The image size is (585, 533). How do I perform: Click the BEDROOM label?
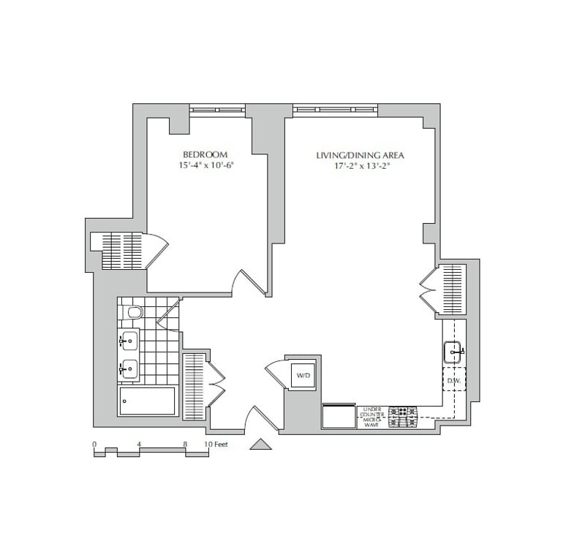tap(205, 154)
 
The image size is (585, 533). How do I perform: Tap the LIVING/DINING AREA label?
tap(360, 155)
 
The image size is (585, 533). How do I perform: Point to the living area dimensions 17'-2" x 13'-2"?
tap(360, 166)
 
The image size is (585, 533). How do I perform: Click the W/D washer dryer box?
tap(301, 376)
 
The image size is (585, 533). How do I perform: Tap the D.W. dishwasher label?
tap(453, 381)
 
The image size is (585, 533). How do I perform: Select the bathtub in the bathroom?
tap(147, 401)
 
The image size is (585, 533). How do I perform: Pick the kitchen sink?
tap(453, 353)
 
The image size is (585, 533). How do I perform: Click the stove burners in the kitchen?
tap(403, 417)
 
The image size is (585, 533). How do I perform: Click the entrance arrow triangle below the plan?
tap(260, 443)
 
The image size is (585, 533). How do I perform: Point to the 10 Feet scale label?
tap(217, 444)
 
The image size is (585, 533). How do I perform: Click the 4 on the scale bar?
tap(139, 444)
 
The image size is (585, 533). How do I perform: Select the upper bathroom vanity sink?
tap(129, 340)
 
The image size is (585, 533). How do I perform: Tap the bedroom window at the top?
tap(217, 110)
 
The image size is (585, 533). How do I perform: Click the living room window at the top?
tap(336, 110)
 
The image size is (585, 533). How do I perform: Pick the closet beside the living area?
tap(452, 289)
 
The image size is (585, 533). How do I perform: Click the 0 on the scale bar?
tap(94, 444)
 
